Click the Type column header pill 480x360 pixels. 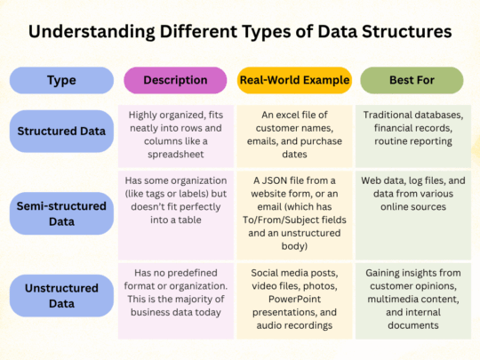point(61,80)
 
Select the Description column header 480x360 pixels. point(174,80)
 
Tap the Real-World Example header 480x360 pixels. point(294,80)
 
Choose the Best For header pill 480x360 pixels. point(412,80)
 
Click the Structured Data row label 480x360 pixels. point(61,132)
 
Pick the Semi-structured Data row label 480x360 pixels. point(61,213)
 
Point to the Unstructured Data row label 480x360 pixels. point(61,293)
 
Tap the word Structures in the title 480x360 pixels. point(404,34)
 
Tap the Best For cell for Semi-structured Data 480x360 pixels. point(412,213)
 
